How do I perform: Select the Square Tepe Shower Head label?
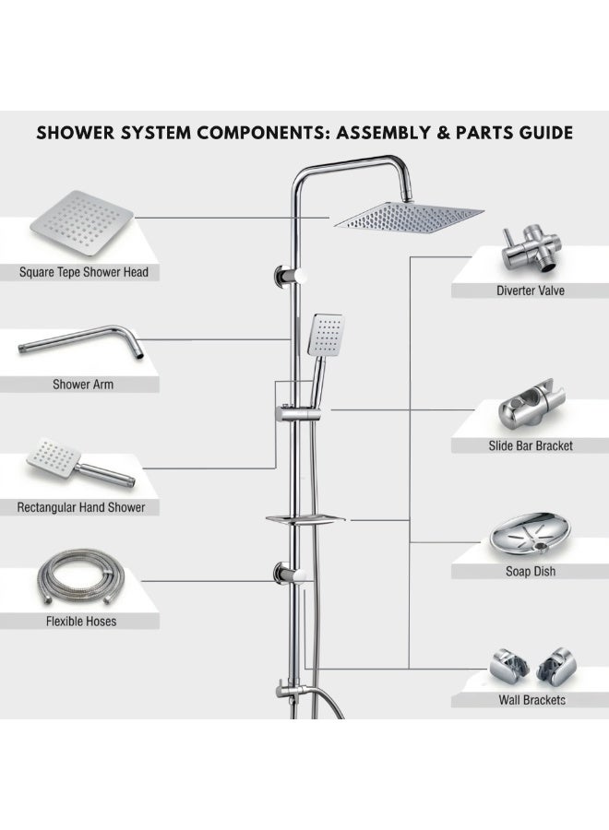tap(84, 272)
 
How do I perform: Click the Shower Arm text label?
tap(83, 385)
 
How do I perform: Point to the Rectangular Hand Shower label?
tap(81, 507)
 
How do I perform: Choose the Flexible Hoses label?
tap(81, 621)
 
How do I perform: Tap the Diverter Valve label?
tap(530, 290)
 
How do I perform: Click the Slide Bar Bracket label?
tap(531, 445)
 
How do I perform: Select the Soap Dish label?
tap(531, 571)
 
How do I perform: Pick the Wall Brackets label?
tap(531, 700)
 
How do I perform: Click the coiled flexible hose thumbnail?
tap(81, 578)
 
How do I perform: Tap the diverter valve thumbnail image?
tap(531, 249)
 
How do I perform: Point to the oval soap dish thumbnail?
tap(531, 535)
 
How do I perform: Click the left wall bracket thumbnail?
tap(509, 664)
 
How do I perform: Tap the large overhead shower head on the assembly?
tap(408, 216)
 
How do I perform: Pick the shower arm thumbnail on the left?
tap(81, 342)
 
